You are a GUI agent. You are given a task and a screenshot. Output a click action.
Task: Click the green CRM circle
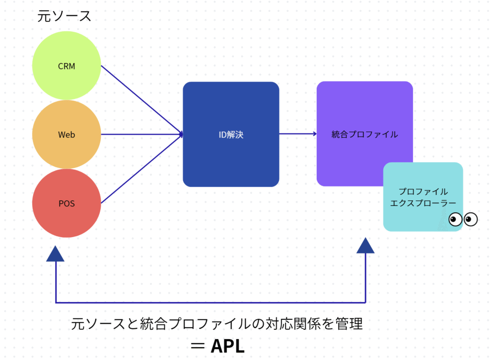(x=67, y=65)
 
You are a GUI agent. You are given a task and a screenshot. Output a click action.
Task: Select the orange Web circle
(x=67, y=134)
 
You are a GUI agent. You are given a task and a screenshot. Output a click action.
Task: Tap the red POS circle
(x=67, y=203)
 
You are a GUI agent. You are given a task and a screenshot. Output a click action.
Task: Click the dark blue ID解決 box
(x=231, y=134)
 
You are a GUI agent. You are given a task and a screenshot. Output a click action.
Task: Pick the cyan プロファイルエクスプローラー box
(x=423, y=196)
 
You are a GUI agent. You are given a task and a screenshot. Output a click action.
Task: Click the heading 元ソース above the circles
(x=64, y=16)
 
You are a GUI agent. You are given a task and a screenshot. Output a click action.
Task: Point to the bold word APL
(x=227, y=346)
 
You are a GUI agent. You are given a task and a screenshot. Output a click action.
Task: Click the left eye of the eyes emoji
(x=456, y=219)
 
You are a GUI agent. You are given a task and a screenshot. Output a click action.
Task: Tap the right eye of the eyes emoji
(x=471, y=219)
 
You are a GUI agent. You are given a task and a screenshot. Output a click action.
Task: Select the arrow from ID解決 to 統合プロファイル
(x=298, y=134)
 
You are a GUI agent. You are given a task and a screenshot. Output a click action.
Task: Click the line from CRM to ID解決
(x=142, y=100)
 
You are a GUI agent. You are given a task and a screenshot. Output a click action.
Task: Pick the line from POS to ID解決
(x=142, y=169)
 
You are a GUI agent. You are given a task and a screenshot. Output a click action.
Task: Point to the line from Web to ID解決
(x=142, y=134)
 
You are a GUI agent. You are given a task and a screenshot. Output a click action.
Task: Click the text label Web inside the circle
(x=67, y=134)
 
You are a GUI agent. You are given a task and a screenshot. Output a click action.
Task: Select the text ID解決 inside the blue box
(x=231, y=134)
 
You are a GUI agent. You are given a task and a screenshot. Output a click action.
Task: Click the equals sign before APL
(x=198, y=346)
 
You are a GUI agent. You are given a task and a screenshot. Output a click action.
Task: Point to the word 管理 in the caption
(x=349, y=324)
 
